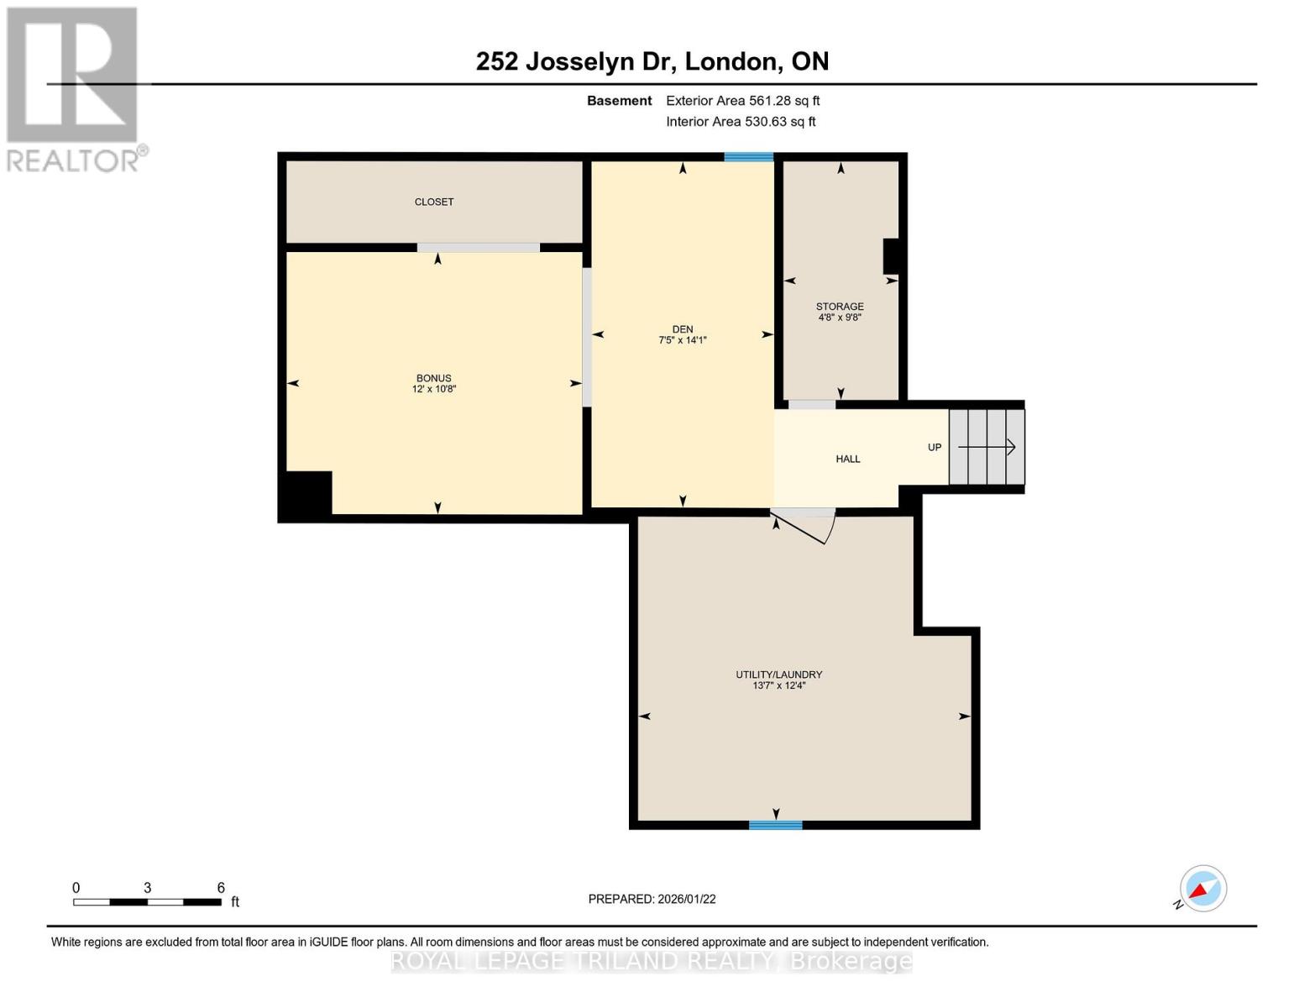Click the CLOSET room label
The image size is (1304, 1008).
[x=433, y=202]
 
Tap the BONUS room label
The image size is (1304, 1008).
[x=433, y=378]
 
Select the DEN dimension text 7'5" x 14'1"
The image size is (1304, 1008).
[x=682, y=340]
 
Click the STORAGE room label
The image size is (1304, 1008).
[x=840, y=307]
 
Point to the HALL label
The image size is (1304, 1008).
[x=848, y=459]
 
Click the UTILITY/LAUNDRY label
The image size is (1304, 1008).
[x=778, y=675]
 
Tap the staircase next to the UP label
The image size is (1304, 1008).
[x=987, y=447]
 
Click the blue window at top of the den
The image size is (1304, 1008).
[x=748, y=157]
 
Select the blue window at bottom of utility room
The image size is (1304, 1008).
[x=775, y=825]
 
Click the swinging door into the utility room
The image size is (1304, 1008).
[x=804, y=526]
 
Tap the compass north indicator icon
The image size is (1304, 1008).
[x=1202, y=889]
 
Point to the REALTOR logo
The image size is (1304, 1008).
[x=74, y=88]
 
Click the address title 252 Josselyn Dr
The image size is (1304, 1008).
[x=652, y=61]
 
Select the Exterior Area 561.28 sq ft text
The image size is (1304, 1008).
[x=742, y=101]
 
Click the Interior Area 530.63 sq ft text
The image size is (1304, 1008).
[x=741, y=122]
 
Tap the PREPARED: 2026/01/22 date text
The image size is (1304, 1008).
[x=652, y=899]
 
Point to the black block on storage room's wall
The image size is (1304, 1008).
[x=890, y=257]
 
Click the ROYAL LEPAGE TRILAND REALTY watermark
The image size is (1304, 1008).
[x=652, y=961]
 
